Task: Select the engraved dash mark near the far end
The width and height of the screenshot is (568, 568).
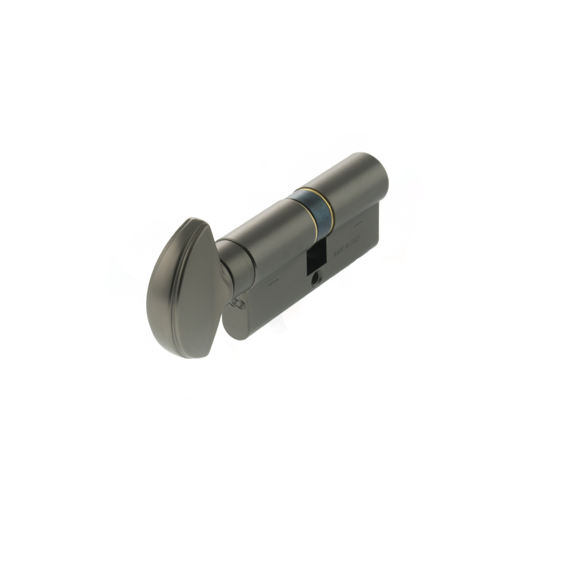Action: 358,224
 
